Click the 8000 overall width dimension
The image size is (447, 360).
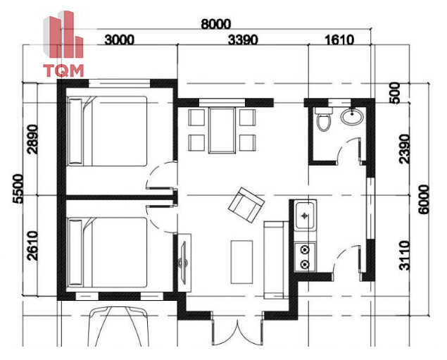[215, 24]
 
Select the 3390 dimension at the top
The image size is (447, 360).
[243, 40]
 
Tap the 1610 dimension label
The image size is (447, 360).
[339, 40]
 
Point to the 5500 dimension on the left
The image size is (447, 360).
[18, 188]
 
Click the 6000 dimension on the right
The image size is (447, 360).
[424, 199]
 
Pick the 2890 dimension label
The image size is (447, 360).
[32, 139]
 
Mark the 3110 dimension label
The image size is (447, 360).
[405, 256]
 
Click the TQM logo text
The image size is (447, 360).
[63, 70]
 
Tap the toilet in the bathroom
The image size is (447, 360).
[324, 119]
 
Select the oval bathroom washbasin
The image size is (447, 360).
[353, 116]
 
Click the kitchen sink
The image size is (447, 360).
[306, 216]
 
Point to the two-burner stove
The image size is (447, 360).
[305, 256]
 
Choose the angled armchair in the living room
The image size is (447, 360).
[246, 205]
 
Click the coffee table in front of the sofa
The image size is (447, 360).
[241, 262]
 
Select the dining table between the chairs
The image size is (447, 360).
[222, 130]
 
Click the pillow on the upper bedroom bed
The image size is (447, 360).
[75, 131]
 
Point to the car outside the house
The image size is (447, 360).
[119, 327]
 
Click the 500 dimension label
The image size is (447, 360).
[395, 93]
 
